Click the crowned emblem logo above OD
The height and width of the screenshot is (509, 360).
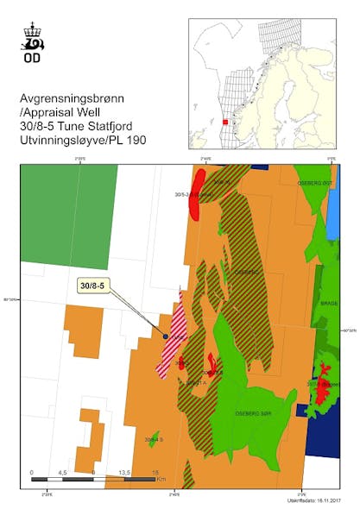point(35,40)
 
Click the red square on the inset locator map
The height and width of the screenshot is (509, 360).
point(226,122)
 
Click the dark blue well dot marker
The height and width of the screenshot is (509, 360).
point(165,336)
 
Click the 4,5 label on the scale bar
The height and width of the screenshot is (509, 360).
point(61,473)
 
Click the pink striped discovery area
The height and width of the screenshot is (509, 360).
point(170,341)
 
